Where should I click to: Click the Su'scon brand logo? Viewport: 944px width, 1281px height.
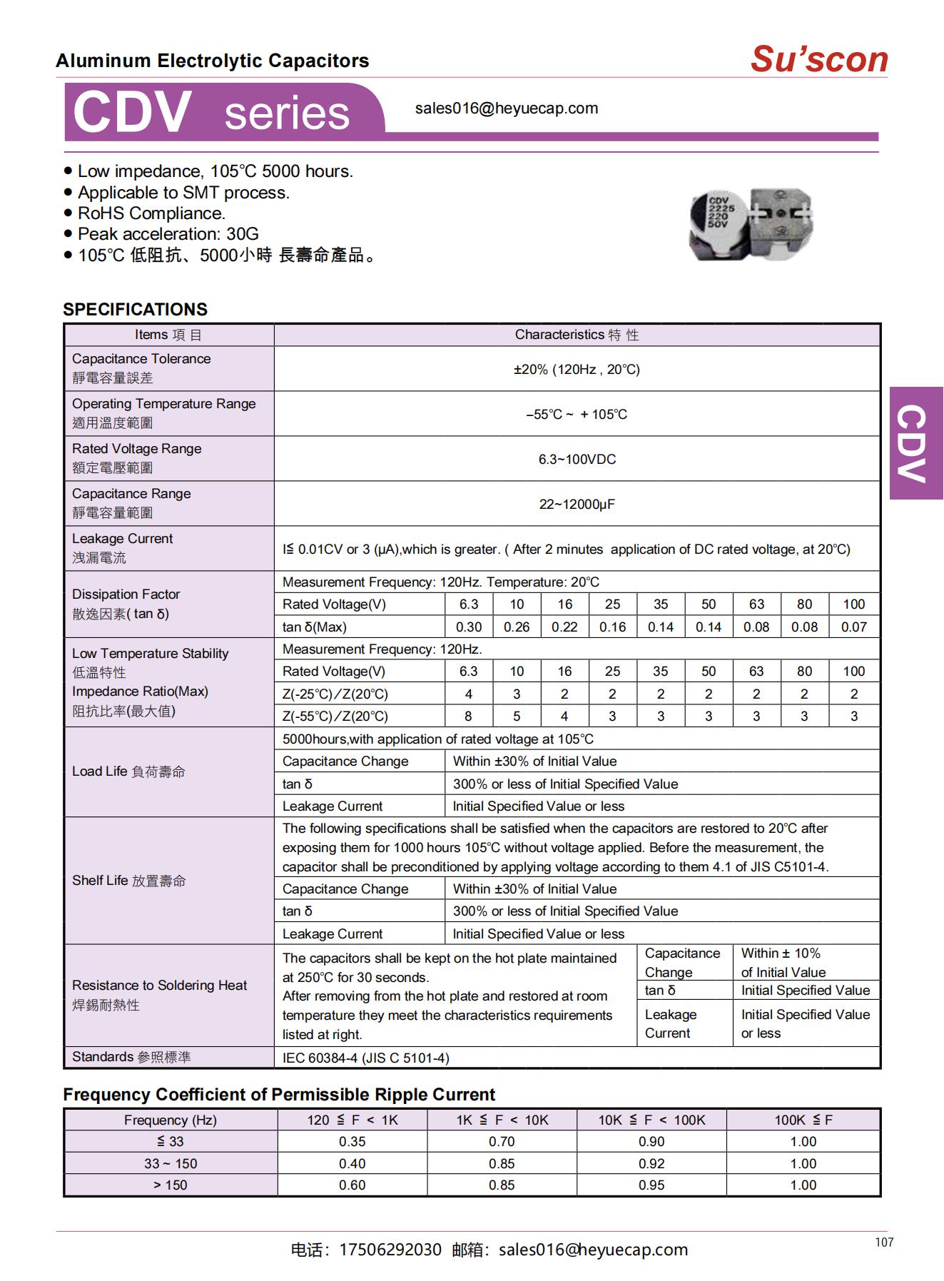pos(819,59)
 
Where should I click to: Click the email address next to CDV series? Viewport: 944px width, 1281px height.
pos(507,108)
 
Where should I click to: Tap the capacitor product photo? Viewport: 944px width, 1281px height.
pos(751,223)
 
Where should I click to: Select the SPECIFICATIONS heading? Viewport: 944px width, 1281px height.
pos(135,309)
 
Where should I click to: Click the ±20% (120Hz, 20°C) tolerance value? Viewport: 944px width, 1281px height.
pos(577,369)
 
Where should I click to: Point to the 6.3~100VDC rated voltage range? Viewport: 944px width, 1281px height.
pos(577,459)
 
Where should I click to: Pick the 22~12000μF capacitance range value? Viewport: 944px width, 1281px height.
pos(577,504)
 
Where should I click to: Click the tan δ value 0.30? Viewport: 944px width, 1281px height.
pos(469,627)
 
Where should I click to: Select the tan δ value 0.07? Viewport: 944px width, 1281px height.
pos(853,627)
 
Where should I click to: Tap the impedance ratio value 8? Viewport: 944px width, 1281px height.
pos(469,716)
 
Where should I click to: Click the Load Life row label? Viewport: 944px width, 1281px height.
pos(128,771)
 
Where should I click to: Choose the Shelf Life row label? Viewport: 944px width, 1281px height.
pos(128,881)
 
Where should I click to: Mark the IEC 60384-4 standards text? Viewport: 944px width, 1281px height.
pos(365,1058)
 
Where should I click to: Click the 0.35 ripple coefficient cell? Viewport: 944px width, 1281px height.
pos(352,1141)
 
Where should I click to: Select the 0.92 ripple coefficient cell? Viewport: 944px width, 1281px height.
pos(651,1163)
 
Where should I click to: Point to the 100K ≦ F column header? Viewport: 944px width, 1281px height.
pos(803,1120)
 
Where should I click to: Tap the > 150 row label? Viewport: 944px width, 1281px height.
pos(170,1185)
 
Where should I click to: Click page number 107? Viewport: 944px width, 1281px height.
pos(884,1242)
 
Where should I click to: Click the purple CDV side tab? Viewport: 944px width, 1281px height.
pos(915,443)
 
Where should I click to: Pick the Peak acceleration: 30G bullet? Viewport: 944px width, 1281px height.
pos(168,234)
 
